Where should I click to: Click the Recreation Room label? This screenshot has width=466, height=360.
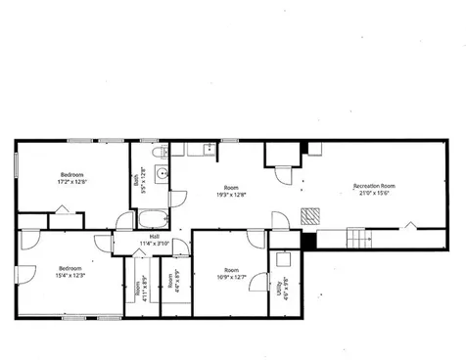tap(374, 185)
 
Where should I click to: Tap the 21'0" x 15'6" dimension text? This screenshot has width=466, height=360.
tap(374, 192)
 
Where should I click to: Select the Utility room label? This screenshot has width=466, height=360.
tap(280, 291)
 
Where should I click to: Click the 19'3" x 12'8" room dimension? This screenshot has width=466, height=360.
tap(231, 194)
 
